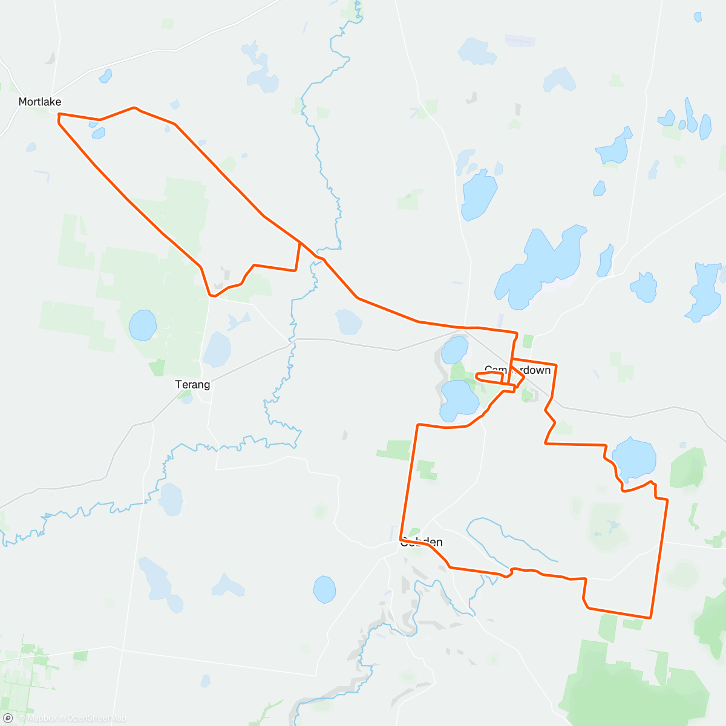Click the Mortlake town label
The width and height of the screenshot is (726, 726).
coord(40,102)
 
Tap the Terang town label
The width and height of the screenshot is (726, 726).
coord(192,384)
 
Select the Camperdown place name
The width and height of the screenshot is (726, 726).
coord(518,370)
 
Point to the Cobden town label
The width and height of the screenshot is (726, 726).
coord(421,542)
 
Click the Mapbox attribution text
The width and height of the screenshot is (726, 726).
coord(41,718)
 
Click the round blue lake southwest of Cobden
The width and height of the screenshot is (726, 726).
coord(324,589)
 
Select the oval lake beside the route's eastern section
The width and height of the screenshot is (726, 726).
coord(634,457)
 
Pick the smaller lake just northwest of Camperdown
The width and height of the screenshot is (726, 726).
coord(455,350)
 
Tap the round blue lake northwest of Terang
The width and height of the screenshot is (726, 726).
coord(143,325)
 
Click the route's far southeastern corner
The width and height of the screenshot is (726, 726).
coord(650,618)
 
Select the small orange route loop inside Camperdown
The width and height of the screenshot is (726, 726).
coord(490,377)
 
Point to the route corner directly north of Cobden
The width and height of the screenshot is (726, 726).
coord(417,425)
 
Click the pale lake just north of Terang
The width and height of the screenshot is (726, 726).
coord(217,349)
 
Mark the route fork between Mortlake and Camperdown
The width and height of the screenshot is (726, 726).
coord(300,243)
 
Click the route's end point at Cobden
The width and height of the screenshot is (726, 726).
coord(401,538)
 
